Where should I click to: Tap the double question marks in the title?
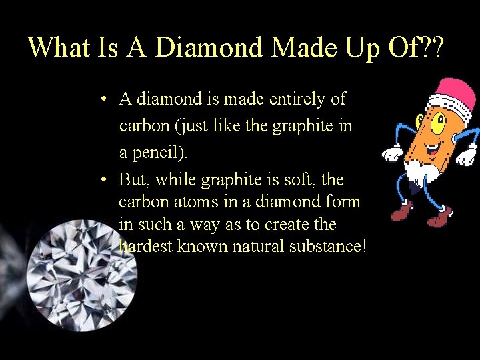pos(435,48)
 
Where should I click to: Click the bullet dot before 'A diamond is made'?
pos(105,100)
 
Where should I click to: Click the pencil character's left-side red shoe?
pos(403,211)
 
